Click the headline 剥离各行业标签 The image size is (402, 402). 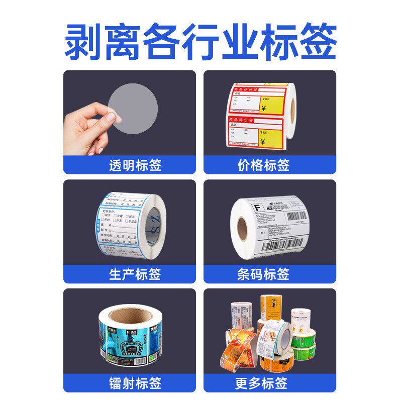(200, 41)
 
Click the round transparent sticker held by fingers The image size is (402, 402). (133, 109)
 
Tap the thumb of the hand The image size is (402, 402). (112, 118)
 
